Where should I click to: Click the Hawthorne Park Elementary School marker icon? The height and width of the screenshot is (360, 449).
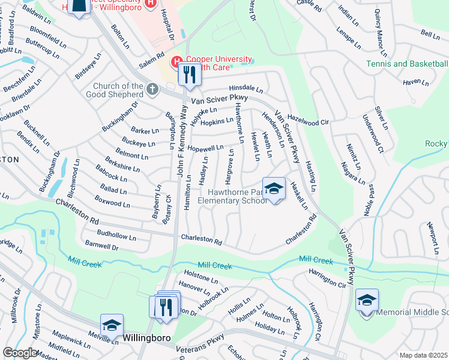click(x=274, y=188)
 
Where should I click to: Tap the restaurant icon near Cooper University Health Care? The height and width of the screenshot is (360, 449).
click(x=190, y=74)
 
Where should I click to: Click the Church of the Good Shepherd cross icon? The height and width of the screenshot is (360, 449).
click(x=152, y=91)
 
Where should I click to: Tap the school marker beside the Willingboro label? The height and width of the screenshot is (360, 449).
click(x=112, y=325)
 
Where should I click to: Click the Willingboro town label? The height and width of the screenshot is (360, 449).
click(x=148, y=338)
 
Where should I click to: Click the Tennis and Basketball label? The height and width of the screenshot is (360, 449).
click(x=407, y=64)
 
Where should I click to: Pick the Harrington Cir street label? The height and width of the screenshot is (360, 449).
click(x=328, y=277)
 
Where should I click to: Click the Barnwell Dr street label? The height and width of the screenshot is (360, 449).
click(x=101, y=245)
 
